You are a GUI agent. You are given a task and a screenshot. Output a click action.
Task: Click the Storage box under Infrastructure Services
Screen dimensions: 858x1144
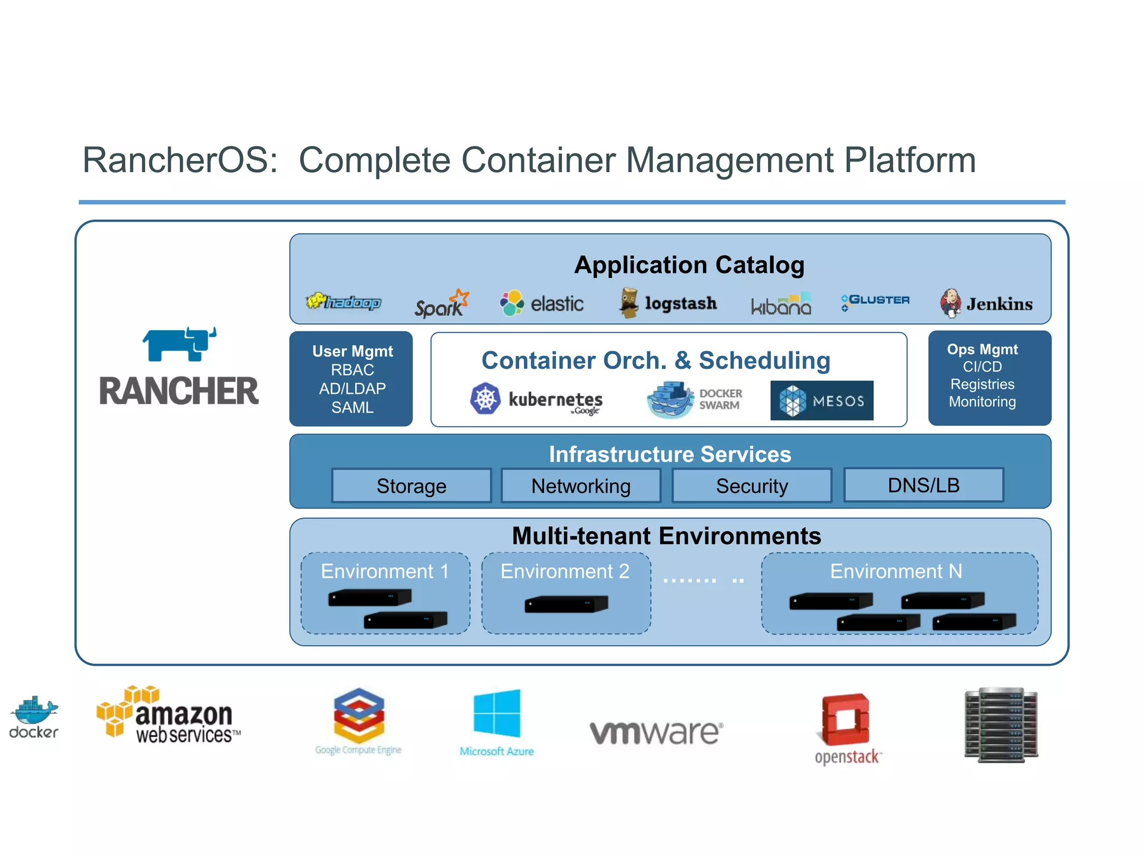click(412, 486)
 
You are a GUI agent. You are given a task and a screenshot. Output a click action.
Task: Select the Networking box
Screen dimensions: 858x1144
click(581, 486)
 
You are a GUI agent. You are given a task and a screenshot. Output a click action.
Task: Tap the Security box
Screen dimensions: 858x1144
click(752, 486)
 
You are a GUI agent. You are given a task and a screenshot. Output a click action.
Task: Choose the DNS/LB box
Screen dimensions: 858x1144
click(923, 485)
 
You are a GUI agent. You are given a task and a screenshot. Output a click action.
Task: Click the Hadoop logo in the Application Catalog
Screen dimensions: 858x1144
click(344, 302)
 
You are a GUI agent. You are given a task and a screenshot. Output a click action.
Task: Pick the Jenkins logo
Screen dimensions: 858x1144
click(986, 303)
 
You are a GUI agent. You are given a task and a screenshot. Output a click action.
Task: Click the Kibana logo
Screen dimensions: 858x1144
click(781, 304)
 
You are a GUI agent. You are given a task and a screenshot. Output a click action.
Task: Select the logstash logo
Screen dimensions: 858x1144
click(668, 303)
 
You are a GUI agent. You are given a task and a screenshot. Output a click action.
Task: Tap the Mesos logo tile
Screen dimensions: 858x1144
click(822, 401)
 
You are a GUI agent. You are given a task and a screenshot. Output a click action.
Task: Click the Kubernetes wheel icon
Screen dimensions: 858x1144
click(485, 399)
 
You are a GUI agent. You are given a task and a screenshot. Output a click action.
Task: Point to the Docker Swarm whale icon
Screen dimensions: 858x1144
click(670, 400)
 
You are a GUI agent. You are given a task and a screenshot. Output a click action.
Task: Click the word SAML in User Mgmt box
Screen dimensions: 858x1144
click(352, 408)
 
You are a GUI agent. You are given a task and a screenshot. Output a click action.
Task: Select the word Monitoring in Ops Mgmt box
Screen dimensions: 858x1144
click(982, 402)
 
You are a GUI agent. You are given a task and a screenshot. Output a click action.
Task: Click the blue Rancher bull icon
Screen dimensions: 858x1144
click(179, 344)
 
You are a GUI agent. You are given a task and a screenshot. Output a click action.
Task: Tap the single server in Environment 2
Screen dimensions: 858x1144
click(566, 604)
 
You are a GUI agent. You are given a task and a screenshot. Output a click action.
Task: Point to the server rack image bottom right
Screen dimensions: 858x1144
click(1001, 725)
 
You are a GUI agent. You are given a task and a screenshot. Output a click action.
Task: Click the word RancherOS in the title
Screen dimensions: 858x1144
click(180, 160)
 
